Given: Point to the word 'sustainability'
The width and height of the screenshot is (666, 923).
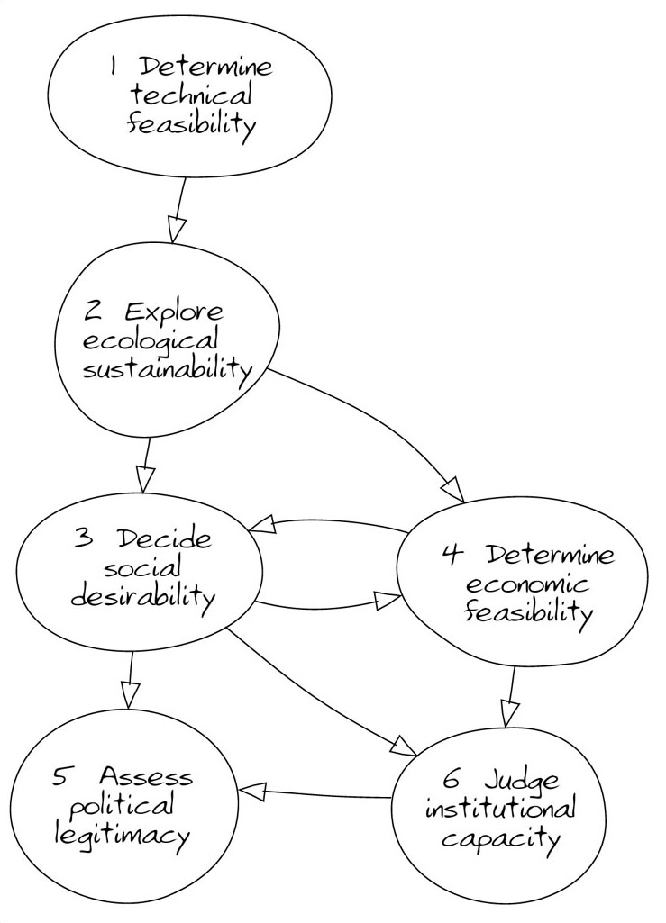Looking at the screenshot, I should click(166, 370).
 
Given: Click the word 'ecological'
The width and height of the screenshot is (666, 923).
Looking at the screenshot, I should click(151, 341).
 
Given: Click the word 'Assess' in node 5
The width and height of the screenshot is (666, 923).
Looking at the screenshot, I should click(146, 775).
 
